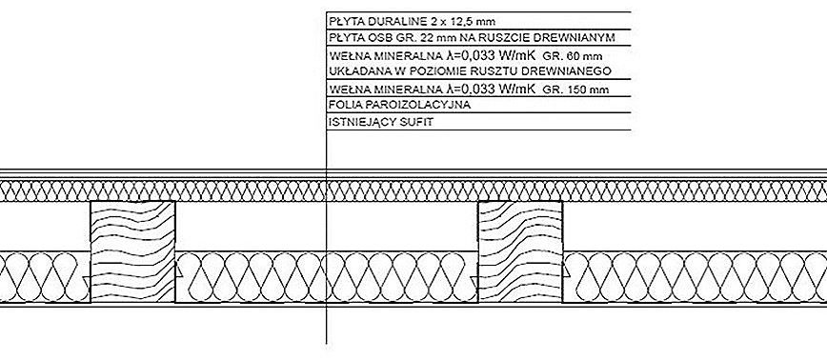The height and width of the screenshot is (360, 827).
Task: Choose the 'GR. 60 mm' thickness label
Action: (573, 56)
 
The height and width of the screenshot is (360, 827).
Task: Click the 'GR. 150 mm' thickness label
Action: (575, 90)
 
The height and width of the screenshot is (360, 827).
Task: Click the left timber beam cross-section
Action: (132, 252)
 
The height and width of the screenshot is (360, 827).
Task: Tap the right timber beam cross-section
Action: (520, 252)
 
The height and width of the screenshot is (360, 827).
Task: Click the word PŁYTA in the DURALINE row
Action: (342, 22)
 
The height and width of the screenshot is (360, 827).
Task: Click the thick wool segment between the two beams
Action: (327, 277)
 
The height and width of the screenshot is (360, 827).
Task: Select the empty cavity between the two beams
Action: (327, 227)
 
